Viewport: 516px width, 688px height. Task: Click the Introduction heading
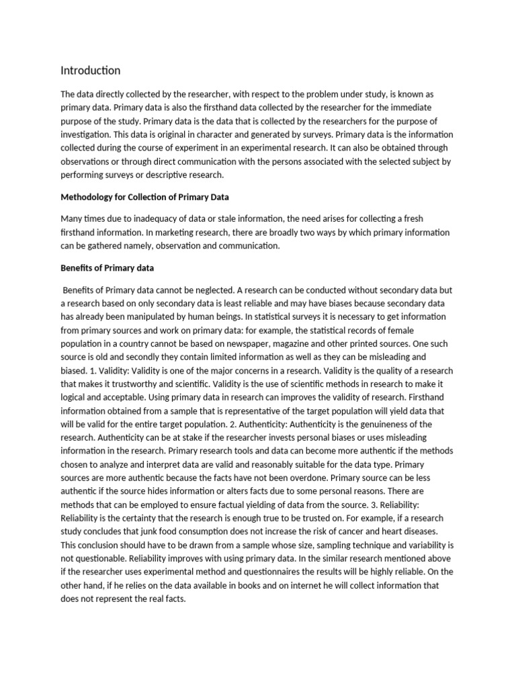(91, 71)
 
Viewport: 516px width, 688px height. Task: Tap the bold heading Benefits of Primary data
(107, 268)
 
